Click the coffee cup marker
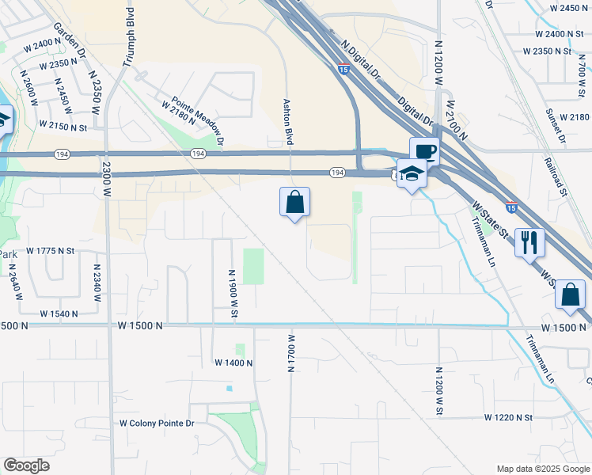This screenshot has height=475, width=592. [x=424, y=151]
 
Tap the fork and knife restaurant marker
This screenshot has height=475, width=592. [x=529, y=242]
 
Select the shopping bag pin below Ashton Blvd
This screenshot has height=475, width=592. [x=294, y=203]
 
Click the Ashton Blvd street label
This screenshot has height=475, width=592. [x=289, y=121]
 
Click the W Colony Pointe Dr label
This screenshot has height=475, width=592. [x=157, y=424]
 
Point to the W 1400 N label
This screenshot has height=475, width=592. [x=233, y=363]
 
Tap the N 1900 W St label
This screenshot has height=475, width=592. [x=233, y=292]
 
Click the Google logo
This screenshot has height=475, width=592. [x=26, y=465]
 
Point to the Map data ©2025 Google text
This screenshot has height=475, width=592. [x=543, y=469]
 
